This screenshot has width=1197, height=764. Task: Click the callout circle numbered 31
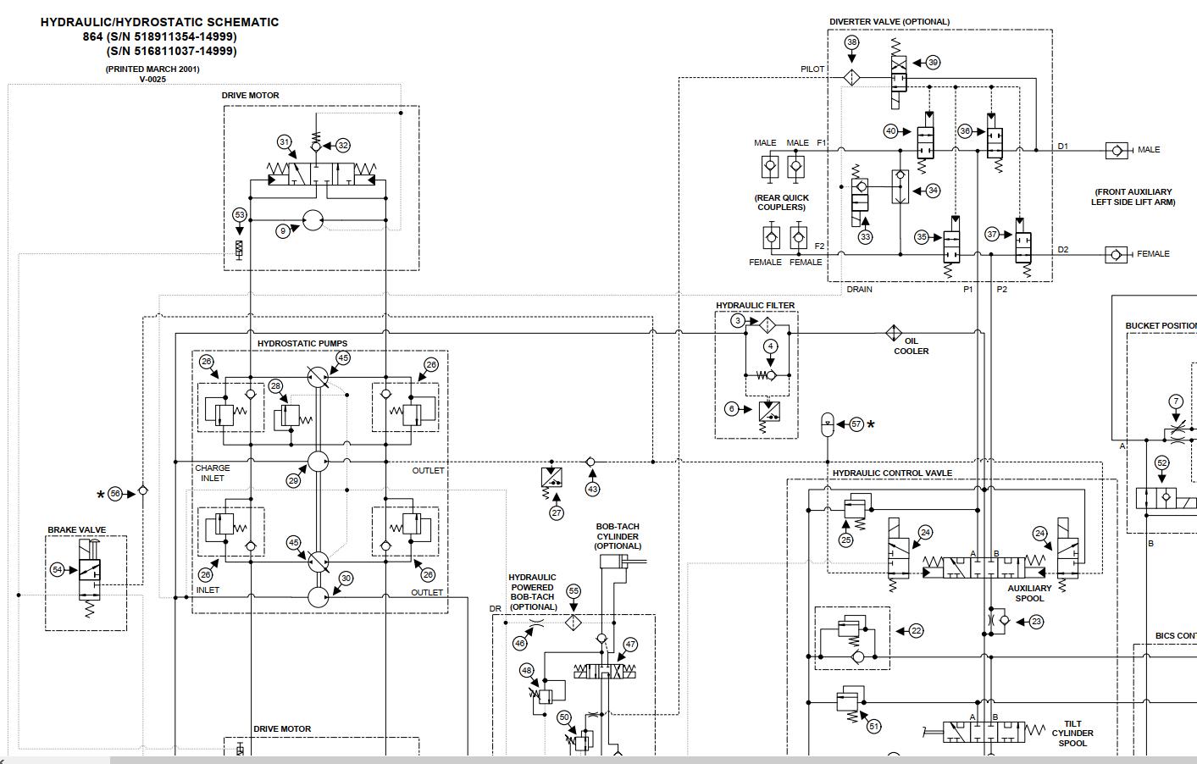tap(285, 142)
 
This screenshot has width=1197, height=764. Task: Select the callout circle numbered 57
tap(856, 424)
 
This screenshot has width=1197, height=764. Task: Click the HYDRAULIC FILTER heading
tap(755, 306)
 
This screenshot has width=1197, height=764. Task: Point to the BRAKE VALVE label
tap(77, 530)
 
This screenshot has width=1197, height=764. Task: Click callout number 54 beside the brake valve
tap(58, 570)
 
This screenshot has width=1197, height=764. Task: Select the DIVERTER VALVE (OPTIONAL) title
tap(889, 22)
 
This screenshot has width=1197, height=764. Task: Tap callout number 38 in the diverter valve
tap(852, 42)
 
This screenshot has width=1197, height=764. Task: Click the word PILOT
tap(812, 69)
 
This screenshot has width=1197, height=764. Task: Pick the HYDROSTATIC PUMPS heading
tap(302, 344)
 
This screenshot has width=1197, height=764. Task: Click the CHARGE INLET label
tap(212, 473)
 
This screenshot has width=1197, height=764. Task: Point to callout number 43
tap(592, 489)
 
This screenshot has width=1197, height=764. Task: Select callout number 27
tap(557, 512)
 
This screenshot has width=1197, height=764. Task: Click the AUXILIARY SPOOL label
tap(1029, 593)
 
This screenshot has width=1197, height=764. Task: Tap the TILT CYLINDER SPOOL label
tap(1072, 734)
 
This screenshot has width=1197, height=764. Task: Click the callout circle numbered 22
tap(916, 630)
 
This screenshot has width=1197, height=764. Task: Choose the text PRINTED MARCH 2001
tap(152, 69)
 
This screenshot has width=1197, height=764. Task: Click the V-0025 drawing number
tap(152, 79)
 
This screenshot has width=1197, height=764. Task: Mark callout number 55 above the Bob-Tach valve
tap(574, 591)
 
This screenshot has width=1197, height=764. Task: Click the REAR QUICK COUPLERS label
tap(781, 202)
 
